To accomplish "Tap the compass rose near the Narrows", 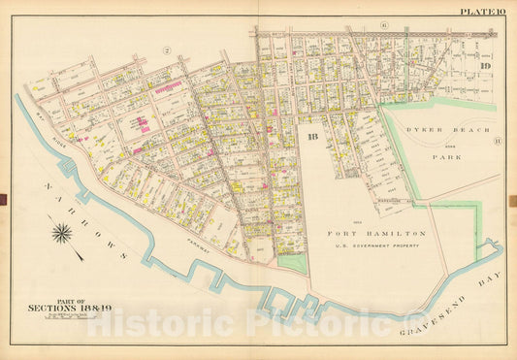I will coord(62,233).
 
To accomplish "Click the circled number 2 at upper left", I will coord(167,50).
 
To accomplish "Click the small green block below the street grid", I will coord(290,261).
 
